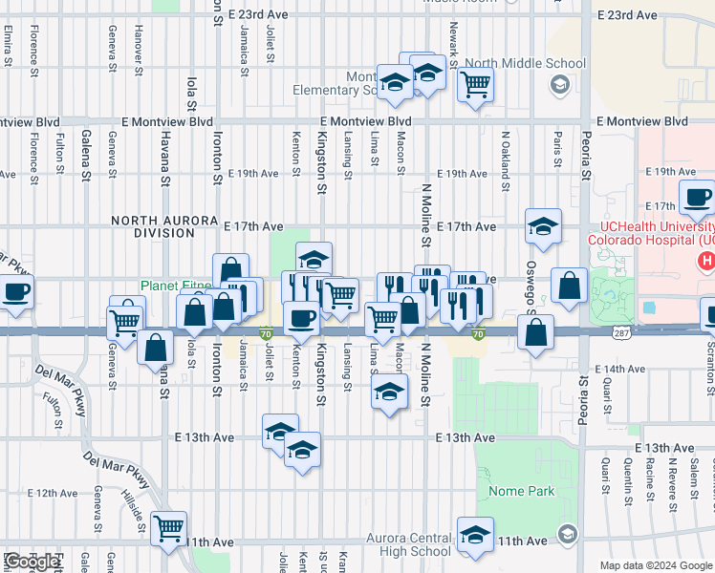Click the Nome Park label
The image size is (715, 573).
click(522, 491)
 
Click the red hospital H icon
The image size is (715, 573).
click(706, 259)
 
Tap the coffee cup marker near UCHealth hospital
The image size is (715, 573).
click(697, 197)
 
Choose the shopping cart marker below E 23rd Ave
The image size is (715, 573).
click(475, 85)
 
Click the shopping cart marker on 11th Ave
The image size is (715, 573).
click(168, 526)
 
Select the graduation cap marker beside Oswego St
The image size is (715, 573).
click(543, 226)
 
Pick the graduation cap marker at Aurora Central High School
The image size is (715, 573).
click(475, 535)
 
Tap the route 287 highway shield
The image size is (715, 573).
click(622, 331)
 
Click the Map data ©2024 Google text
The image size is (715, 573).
click(655, 565)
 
